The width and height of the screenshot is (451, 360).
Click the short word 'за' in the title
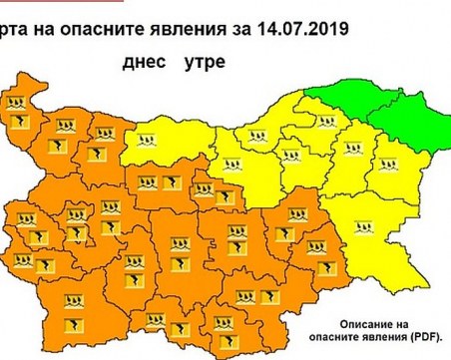click(239, 30)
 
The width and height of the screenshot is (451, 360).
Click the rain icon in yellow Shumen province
click(351, 150)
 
